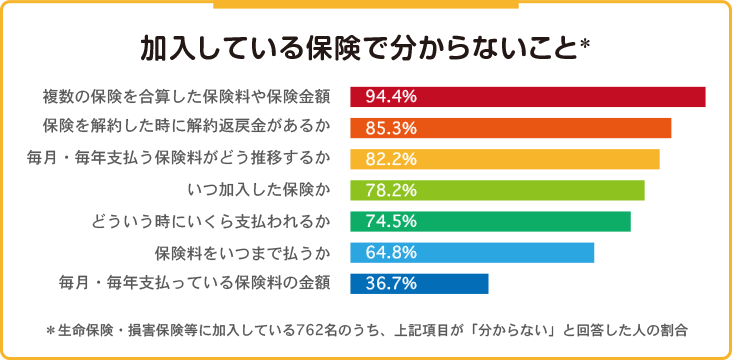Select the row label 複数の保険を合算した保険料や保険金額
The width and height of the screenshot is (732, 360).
[186, 97]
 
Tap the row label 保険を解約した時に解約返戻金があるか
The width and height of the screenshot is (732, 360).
[186, 128]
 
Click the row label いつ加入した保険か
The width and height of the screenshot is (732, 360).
[259, 190]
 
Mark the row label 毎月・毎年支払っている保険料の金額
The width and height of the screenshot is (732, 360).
[195, 283]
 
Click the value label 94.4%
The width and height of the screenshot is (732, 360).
[391, 97]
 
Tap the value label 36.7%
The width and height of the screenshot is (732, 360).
[391, 283]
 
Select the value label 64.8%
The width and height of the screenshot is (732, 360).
[391, 252]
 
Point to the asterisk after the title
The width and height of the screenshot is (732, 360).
[586, 45]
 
